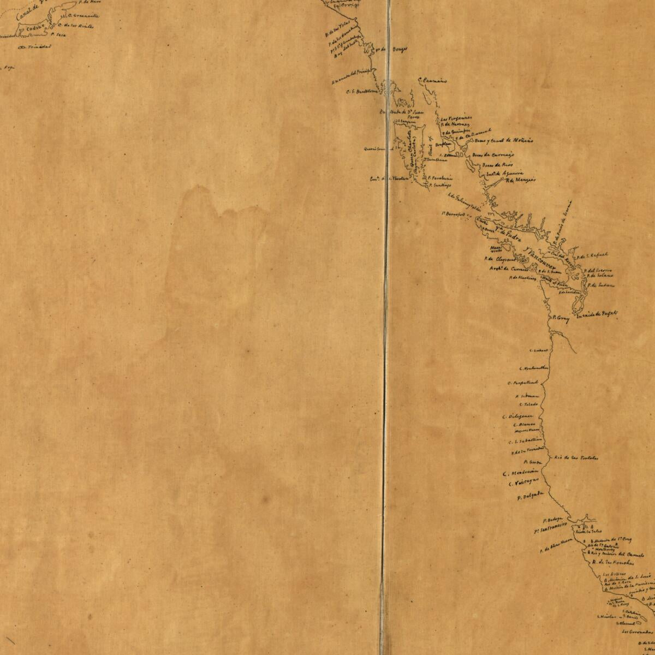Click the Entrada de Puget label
pos(592,314)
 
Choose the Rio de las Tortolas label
pos(576,457)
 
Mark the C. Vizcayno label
pos(523,482)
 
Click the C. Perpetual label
pos(523,383)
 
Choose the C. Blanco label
pos(522,424)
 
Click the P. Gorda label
pos(523,462)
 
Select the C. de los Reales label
pos(79,26)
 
